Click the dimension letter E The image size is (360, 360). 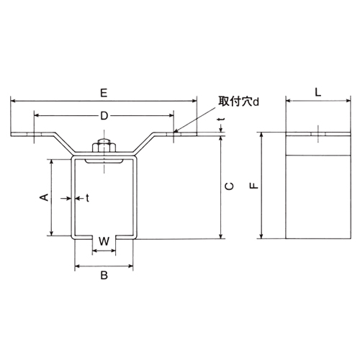pos(104,93)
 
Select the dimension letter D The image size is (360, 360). pos(104,115)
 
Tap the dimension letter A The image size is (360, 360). pos(42,197)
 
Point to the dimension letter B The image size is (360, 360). pos(104,275)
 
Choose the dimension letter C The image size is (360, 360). pos(229,186)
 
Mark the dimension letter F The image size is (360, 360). pos(252,186)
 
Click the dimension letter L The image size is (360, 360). pos(318,93)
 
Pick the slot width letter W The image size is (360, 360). pos(104,240)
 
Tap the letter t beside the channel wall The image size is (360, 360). pos(87,197)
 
